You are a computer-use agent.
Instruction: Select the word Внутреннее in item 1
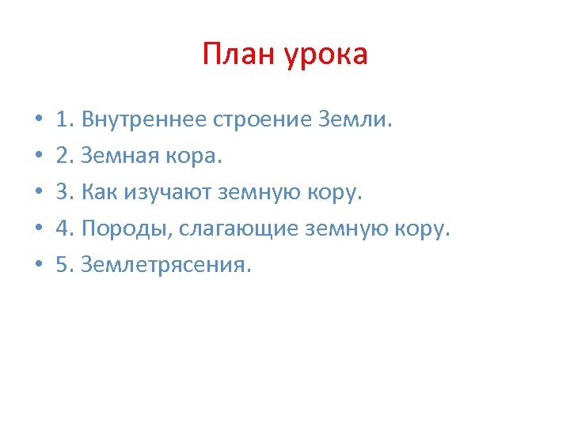[144, 121]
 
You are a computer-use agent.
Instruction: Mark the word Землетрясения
[165, 266]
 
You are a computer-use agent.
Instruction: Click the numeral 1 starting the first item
[63, 121]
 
